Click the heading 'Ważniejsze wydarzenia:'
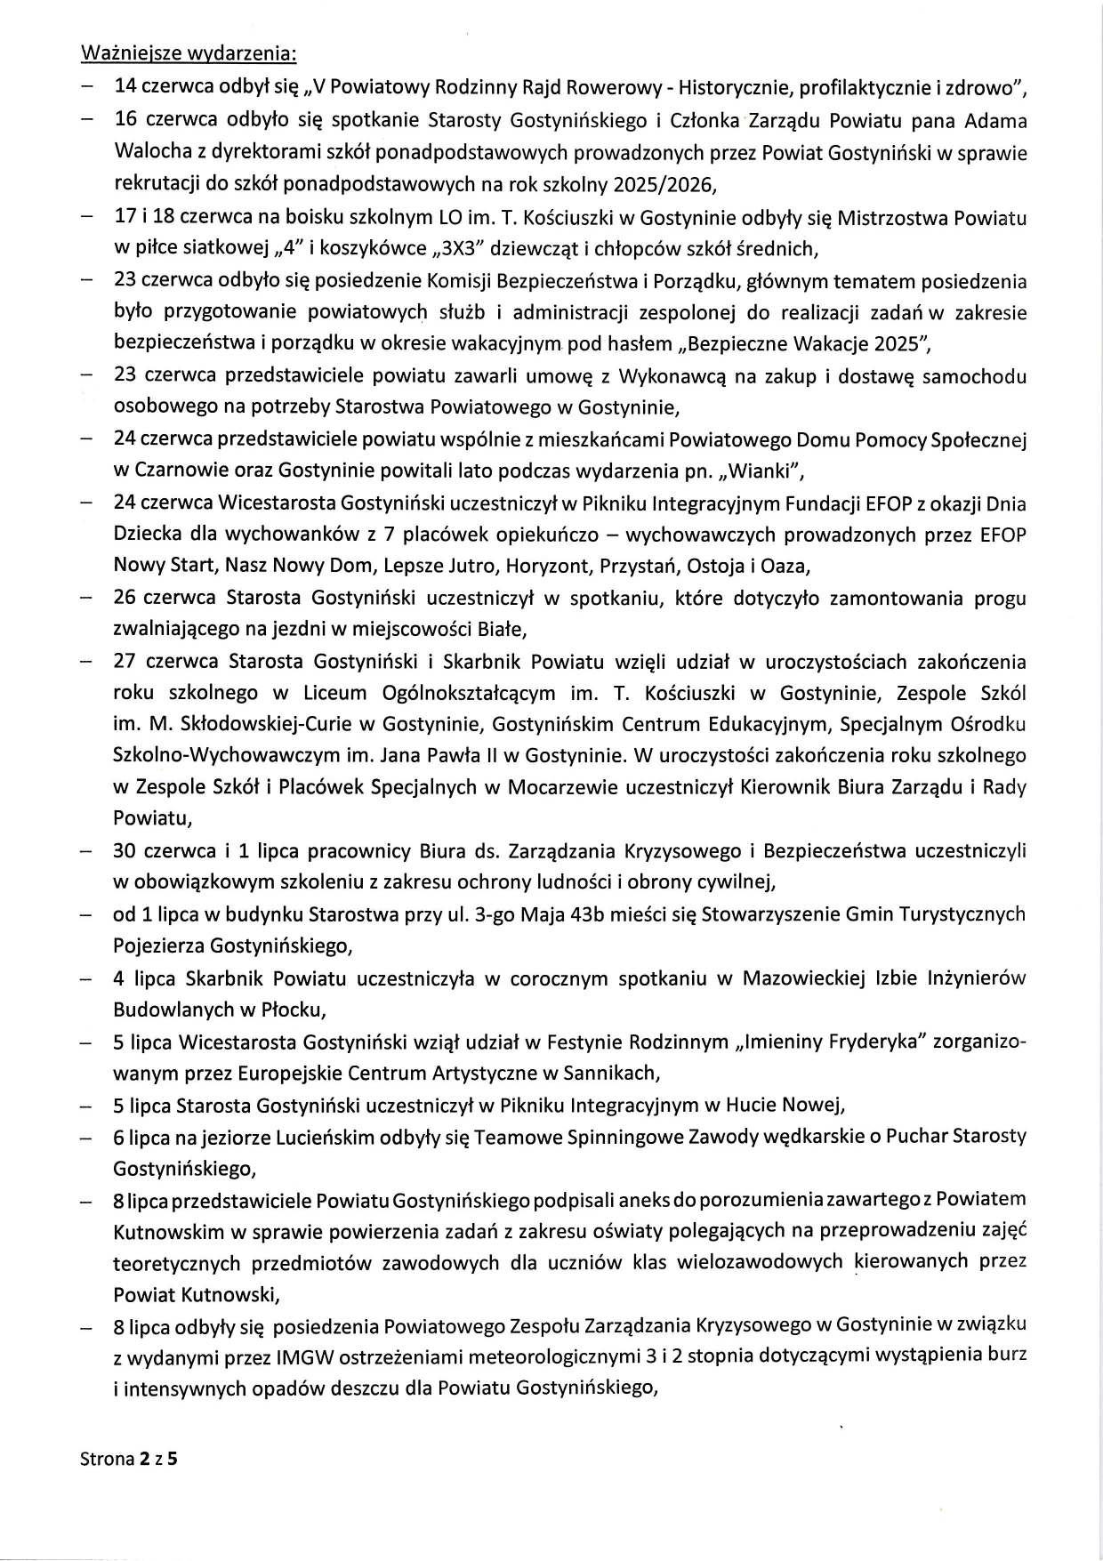pyautogui.click(x=189, y=53)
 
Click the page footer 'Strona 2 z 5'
pyautogui.click(x=128, y=1459)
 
